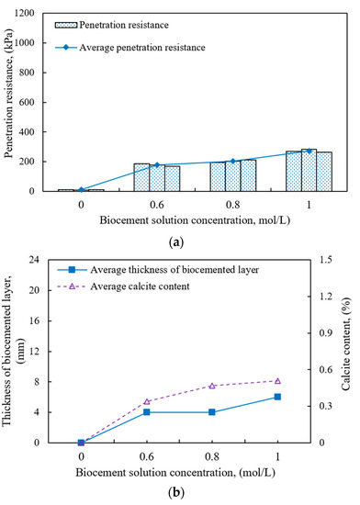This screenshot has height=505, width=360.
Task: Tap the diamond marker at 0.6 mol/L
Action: [x=157, y=165]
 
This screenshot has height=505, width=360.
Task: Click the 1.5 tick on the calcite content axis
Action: [x=329, y=260]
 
